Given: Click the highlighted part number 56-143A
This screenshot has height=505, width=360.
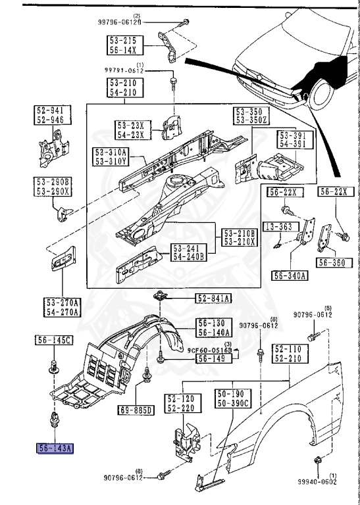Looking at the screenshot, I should (x=55, y=449).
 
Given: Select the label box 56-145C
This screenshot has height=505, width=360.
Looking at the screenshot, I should (x=54, y=339).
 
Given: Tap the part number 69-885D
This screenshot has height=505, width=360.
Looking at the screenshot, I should (x=135, y=411).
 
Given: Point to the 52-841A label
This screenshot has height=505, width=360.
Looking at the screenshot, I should (x=213, y=299).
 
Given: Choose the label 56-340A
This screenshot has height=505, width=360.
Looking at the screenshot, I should (x=290, y=276).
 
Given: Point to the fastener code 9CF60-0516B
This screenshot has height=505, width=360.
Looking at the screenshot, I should (x=209, y=350).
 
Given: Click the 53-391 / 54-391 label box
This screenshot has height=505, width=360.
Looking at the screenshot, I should (x=292, y=139).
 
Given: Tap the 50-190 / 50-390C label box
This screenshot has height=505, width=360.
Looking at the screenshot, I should (x=232, y=398).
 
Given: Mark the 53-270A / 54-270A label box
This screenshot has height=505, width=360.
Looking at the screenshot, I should (x=63, y=307).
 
